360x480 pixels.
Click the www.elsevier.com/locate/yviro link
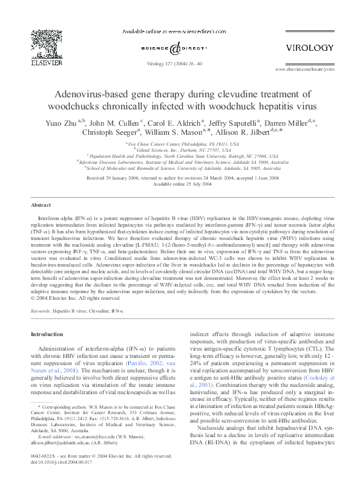(x=304, y=70)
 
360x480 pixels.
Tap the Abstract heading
(x=41, y=206)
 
